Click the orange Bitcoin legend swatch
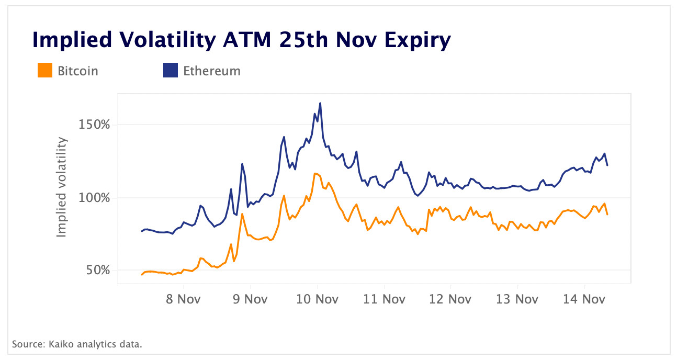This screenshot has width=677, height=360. [x=45, y=71]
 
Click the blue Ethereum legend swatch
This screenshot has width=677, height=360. [x=171, y=71]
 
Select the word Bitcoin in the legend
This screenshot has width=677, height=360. [x=78, y=71]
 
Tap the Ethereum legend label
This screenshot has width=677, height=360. [x=211, y=71]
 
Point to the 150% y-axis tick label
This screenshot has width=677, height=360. [x=95, y=125]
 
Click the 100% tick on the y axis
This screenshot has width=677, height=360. [x=95, y=198]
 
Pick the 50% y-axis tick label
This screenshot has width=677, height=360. [x=97, y=271]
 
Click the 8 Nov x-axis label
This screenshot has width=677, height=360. [x=184, y=299]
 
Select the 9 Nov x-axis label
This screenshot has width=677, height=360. [x=250, y=299]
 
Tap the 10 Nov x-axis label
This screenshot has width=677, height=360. [x=317, y=299]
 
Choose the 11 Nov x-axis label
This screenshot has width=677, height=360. [x=384, y=299]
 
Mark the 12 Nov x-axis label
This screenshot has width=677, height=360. [x=450, y=299]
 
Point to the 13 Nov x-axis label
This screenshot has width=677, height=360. [x=517, y=299]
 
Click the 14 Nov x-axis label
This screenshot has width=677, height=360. [x=584, y=299]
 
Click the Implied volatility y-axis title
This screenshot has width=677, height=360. [x=62, y=187]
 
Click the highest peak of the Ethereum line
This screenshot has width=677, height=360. [x=320, y=103]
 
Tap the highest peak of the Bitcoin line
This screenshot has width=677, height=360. [x=315, y=173]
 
